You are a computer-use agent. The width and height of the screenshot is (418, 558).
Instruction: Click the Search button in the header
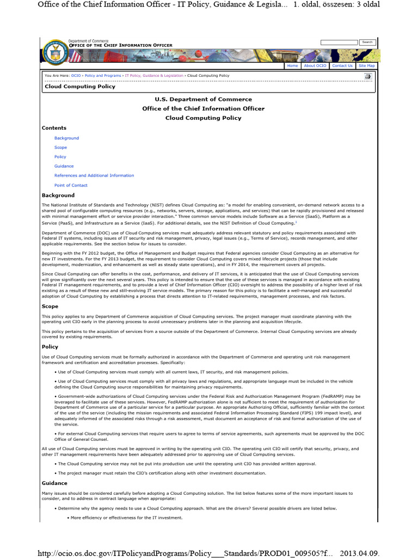pyautogui.click(x=367, y=42)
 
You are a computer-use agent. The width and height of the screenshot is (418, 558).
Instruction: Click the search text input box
pyautogui.click(x=339, y=42)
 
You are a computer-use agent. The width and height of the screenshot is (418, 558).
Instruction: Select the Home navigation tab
pyautogui.click(x=292, y=65)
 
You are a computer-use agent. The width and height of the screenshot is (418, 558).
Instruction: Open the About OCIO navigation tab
pyautogui.click(x=315, y=65)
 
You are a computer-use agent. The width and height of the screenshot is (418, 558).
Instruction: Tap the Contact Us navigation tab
pyautogui.click(x=342, y=65)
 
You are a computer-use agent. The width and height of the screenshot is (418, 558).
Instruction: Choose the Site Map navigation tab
pyautogui.click(x=366, y=65)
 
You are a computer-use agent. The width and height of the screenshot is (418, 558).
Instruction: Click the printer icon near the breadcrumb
pyautogui.click(x=368, y=76)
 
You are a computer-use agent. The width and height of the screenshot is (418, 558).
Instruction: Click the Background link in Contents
pyautogui.click(x=66, y=138)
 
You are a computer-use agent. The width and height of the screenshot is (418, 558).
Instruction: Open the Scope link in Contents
pyautogui.click(x=60, y=147)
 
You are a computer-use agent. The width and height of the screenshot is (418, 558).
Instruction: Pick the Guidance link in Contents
pyautogui.click(x=64, y=166)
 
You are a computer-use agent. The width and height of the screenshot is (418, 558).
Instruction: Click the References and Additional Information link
pyautogui.click(x=94, y=175)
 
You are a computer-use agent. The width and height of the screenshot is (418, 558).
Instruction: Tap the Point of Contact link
pyautogui.click(x=71, y=185)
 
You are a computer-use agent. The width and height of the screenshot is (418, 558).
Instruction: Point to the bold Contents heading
pyautogui.click(x=54, y=128)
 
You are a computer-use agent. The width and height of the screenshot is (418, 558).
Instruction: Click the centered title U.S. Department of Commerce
pyautogui.click(x=203, y=99)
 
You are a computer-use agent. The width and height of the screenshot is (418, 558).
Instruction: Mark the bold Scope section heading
pyautogui.click(x=50, y=306)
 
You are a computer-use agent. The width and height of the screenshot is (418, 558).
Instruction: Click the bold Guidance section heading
pyautogui.click(x=54, y=483)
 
